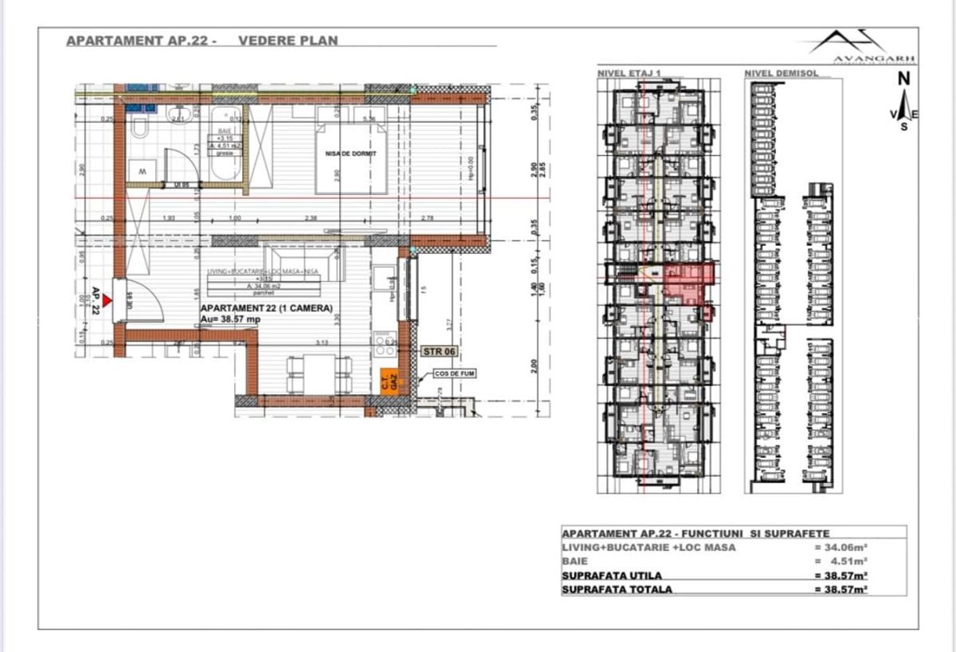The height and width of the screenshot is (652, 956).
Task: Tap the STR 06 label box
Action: click(x=439, y=350)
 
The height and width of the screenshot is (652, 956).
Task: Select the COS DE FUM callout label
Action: click(x=453, y=373)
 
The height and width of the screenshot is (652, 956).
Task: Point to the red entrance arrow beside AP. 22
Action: click(x=108, y=300)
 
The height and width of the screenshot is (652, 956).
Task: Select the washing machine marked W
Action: click(x=142, y=171)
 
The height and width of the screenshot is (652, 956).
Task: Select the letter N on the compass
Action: click(x=903, y=79)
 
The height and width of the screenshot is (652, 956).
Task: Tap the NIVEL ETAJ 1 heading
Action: click(x=629, y=73)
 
